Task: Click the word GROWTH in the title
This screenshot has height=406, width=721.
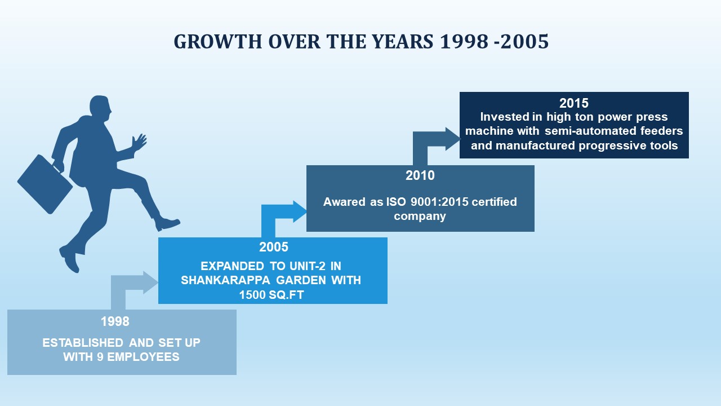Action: (218, 42)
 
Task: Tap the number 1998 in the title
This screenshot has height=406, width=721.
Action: (464, 42)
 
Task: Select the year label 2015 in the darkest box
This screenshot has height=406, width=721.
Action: (574, 103)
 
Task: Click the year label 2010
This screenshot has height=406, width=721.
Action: (420, 175)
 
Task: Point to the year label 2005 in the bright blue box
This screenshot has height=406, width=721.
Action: (274, 247)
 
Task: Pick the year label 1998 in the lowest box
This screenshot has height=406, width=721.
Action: (115, 321)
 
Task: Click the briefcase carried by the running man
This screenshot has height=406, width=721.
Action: (45, 184)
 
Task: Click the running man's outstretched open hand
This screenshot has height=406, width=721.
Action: (139, 142)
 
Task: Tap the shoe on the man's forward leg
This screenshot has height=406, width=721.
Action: (167, 224)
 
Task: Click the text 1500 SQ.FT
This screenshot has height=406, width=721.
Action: (272, 295)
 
